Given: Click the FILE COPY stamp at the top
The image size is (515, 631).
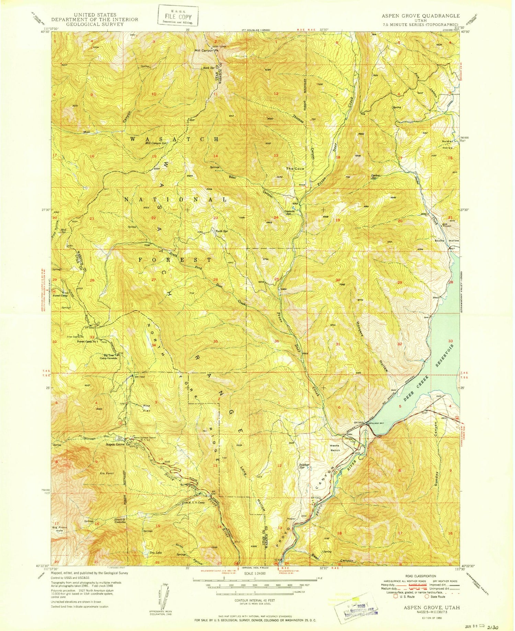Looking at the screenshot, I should pos(178,15).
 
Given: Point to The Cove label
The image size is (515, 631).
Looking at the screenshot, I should pos(295,169).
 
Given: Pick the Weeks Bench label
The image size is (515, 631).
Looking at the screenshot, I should pos(335,448).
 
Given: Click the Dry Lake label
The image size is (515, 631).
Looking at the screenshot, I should pos(156,552).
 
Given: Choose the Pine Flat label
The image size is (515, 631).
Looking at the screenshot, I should pos(147,407).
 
